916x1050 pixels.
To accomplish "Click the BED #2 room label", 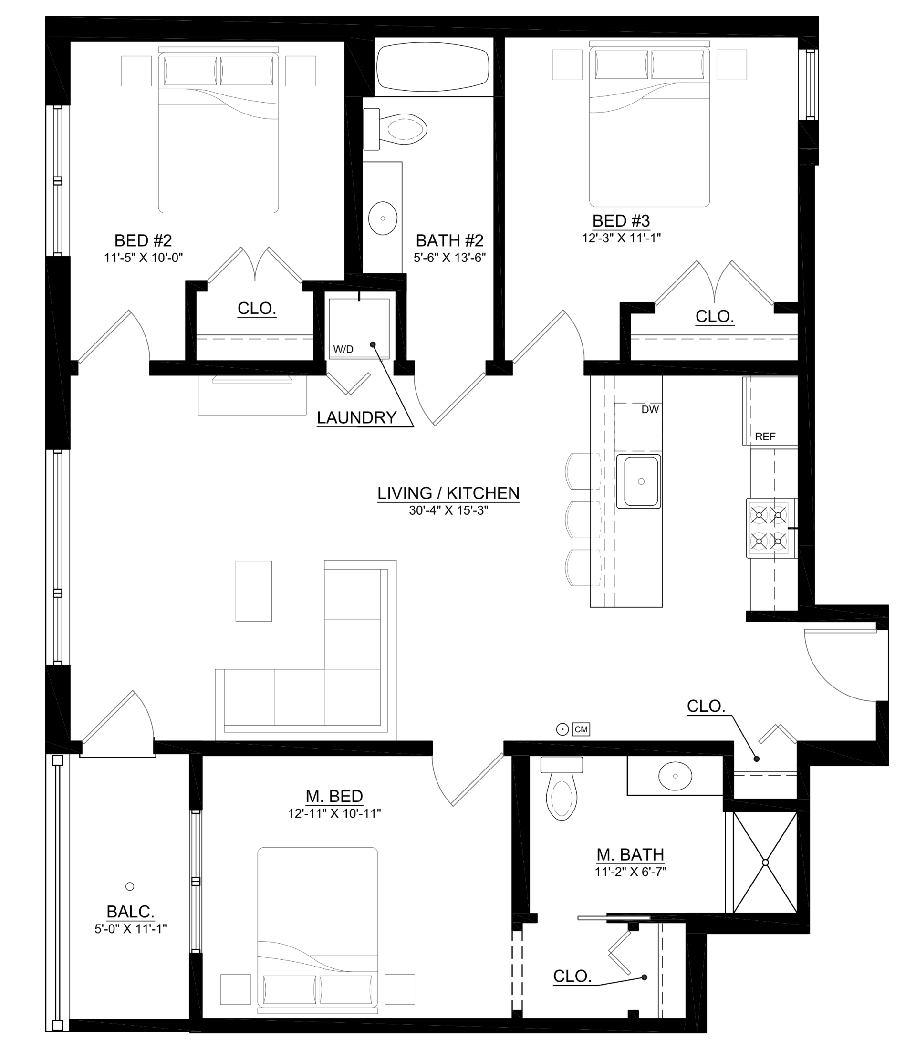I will click(143, 240).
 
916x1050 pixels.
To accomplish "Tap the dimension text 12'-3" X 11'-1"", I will click(621, 238).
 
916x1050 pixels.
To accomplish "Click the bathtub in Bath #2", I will click(432, 67).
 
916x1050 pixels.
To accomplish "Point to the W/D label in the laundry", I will click(343, 350).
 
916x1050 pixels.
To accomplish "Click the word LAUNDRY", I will click(356, 417).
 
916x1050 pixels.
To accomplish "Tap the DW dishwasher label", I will click(650, 410).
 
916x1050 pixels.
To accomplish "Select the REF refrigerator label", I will click(765, 437).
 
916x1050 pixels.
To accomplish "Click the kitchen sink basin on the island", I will click(640, 481).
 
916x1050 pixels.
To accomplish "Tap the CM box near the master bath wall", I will click(581, 729).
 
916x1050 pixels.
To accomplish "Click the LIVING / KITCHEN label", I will click(448, 493).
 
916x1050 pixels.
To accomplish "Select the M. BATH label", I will click(630, 855).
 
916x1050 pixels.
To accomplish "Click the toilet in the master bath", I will click(561, 792).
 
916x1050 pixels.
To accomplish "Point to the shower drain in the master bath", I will click(765, 863).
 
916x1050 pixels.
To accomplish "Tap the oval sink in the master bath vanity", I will click(675, 776).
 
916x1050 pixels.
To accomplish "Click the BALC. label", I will click(130, 912).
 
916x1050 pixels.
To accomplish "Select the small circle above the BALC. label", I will click(130, 886).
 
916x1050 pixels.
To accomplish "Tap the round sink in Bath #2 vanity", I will click(383, 218).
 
